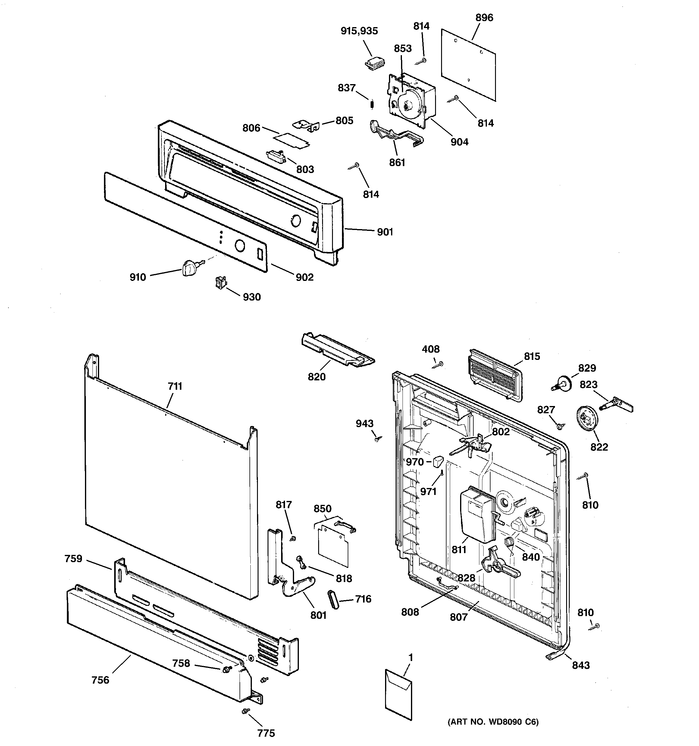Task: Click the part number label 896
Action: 484,18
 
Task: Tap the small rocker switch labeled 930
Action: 221,282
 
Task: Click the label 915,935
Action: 359,31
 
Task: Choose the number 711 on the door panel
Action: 175,386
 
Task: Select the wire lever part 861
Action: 396,135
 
